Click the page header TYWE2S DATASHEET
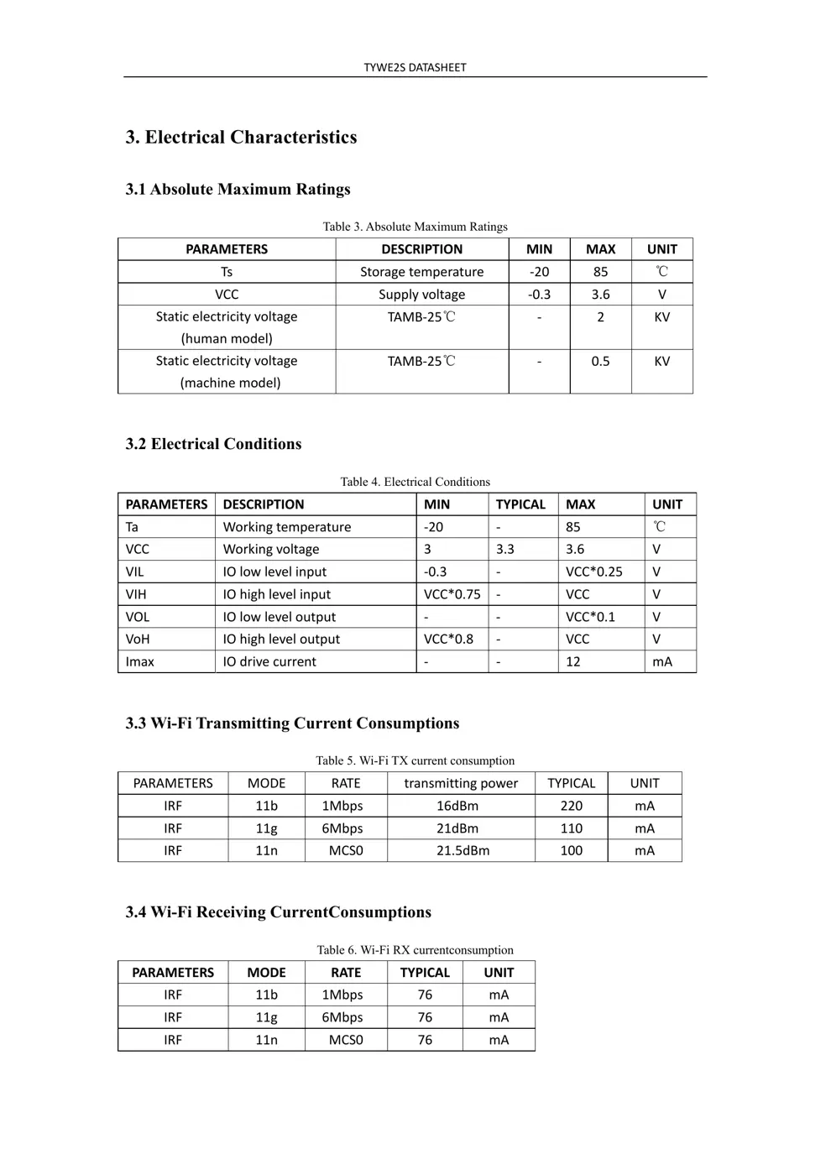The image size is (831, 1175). click(415, 67)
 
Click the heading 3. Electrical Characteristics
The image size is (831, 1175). click(241, 137)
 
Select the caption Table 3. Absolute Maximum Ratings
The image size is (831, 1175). click(415, 227)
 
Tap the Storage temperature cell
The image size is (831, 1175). click(421, 272)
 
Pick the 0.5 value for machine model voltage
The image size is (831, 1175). click(600, 361)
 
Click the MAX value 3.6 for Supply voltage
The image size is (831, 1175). click(600, 295)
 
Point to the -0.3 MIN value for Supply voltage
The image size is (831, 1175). click(539, 295)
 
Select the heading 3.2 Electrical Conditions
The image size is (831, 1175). click(213, 444)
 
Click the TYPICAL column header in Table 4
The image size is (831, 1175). click(520, 504)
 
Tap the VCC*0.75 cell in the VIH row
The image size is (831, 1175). click(452, 594)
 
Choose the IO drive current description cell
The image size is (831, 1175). click(269, 661)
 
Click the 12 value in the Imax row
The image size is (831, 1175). click(573, 661)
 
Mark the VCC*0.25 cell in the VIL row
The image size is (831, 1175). click(593, 572)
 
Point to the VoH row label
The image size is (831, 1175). click(138, 639)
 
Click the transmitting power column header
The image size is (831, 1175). click(461, 783)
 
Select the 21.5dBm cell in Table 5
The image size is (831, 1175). click(463, 850)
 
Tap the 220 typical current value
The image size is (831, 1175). click(571, 806)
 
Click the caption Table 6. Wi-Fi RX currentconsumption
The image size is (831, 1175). click(415, 950)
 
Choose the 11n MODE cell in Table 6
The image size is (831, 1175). click(266, 1040)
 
